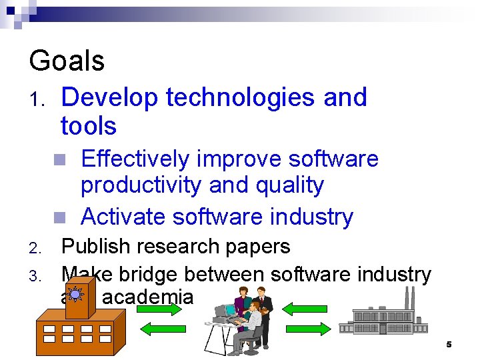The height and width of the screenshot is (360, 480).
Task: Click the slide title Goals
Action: point(67,61)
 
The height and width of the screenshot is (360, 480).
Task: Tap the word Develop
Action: point(109,98)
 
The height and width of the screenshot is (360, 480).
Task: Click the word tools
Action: point(88,126)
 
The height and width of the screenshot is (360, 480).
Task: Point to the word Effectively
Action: point(135,159)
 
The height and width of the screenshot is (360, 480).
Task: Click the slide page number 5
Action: point(449,345)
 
